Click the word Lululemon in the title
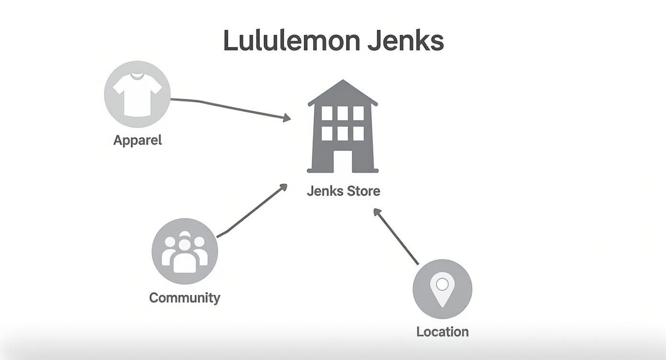(x=292, y=41)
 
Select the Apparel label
(x=137, y=140)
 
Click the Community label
(x=185, y=298)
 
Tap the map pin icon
(x=442, y=289)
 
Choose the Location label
(x=442, y=332)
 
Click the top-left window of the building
(x=327, y=113)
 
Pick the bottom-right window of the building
(x=358, y=133)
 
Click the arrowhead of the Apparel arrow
(x=287, y=117)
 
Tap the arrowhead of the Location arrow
(x=377, y=212)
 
